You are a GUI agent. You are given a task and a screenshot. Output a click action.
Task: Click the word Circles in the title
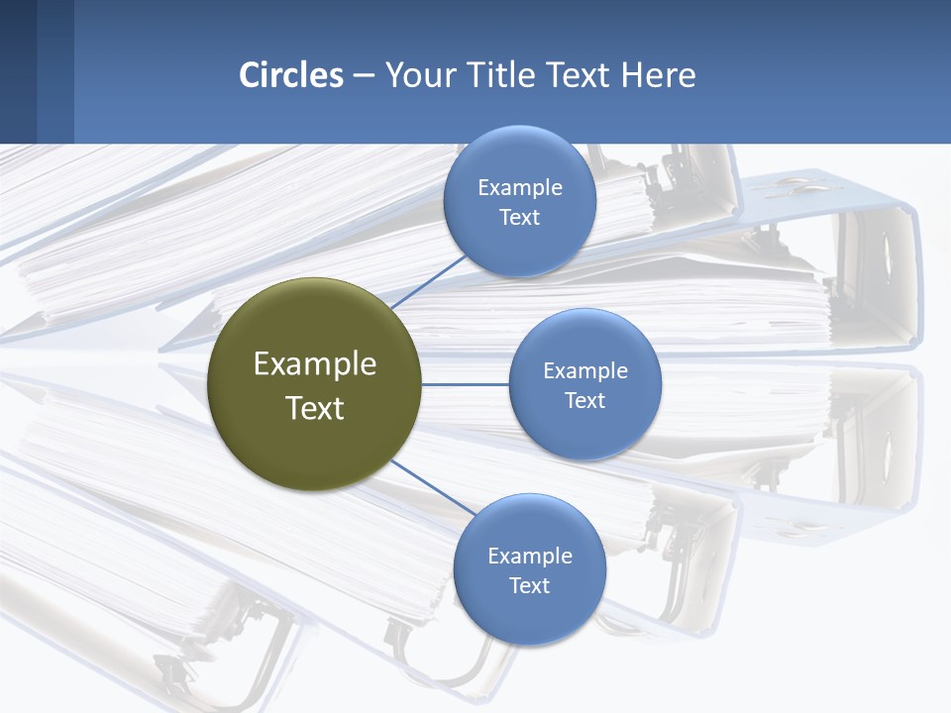(291, 75)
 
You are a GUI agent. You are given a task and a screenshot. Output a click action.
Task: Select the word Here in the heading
(658, 75)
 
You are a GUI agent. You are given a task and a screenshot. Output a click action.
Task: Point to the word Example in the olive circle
(315, 364)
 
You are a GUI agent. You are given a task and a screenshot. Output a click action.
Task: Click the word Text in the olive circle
(315, 408)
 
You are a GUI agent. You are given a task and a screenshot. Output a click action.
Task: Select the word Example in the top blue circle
(520, 188)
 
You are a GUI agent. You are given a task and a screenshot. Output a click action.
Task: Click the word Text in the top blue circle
(520, 218)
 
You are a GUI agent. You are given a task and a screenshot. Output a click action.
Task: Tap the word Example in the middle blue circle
(585, 371)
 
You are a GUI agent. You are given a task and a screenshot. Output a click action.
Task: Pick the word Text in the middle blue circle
(585, 401)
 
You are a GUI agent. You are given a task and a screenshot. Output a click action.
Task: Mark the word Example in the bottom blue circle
(530, 557)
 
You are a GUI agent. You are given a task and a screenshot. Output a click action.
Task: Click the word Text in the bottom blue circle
(530, 586)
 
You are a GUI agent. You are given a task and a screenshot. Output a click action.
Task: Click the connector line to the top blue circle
(428, 281)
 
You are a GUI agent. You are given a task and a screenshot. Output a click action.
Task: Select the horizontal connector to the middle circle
(466, 384)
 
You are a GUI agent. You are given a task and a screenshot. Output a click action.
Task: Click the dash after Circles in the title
(364, 76)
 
